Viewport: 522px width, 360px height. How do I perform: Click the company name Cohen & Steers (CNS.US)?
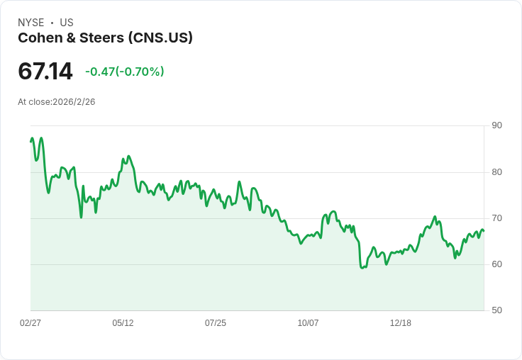[105, 38]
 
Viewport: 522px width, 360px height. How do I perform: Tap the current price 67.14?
[45, 72]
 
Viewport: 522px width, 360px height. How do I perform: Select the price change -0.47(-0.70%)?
[124, 72]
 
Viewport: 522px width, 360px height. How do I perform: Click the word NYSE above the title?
[31, 23]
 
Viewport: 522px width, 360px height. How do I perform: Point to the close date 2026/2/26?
[74, 102]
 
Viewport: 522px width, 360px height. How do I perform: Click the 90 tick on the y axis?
[496, 125]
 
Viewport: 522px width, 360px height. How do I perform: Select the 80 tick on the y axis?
[496, 172]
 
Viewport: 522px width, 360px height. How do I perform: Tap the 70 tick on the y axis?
[496, 218]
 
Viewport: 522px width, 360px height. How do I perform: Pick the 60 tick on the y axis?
[496, 264]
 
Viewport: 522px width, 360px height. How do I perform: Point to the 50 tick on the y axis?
[496, 310]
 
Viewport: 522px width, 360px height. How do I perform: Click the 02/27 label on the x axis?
[30, 323]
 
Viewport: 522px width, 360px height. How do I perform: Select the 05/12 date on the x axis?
[123, 323]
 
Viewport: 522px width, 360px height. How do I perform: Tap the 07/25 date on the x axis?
[216, 323]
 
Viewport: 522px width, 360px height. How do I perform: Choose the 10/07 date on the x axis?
[308, 323]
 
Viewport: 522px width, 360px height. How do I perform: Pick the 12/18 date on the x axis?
[401, 323]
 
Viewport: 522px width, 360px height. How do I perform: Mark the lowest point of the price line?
[362, 268]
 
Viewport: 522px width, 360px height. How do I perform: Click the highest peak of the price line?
[41, 138]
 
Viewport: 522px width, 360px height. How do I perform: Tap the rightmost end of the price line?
[484, 230]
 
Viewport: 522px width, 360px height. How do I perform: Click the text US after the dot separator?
[67, 23]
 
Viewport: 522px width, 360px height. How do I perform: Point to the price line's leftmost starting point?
[30, 142]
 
